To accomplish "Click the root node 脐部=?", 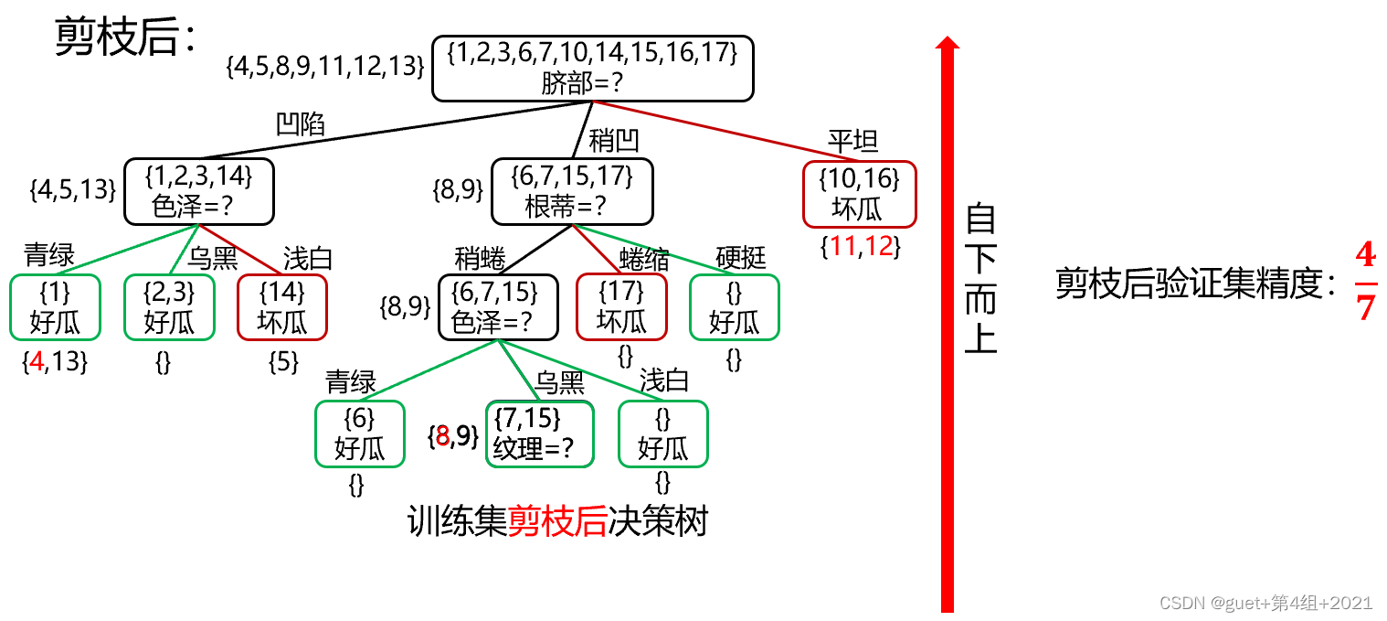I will coord(592,68).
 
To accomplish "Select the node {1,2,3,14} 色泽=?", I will coord(199,191).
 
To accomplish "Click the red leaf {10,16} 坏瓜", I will coord(859,194).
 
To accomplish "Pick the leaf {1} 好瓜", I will coord(55,306).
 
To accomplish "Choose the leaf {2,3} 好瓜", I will coord(169,306).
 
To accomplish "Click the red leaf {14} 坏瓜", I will coord(281,306).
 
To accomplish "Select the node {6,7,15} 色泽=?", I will coord(497,306).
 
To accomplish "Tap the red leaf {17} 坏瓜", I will coord(621,306).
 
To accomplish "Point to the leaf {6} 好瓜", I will coord(359,434).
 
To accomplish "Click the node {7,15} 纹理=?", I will coord(539,434).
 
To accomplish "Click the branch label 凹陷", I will coord(302,123).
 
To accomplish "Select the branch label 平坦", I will coord(852,142).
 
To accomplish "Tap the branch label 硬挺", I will coord(740,259).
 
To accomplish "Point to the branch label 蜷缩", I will coord(644,259).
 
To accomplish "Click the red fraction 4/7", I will coord(1365,283).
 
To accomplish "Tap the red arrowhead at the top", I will coord(948,43).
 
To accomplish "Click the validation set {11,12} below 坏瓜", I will coord(860,246).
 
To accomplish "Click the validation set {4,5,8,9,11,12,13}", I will coord(324,66).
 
